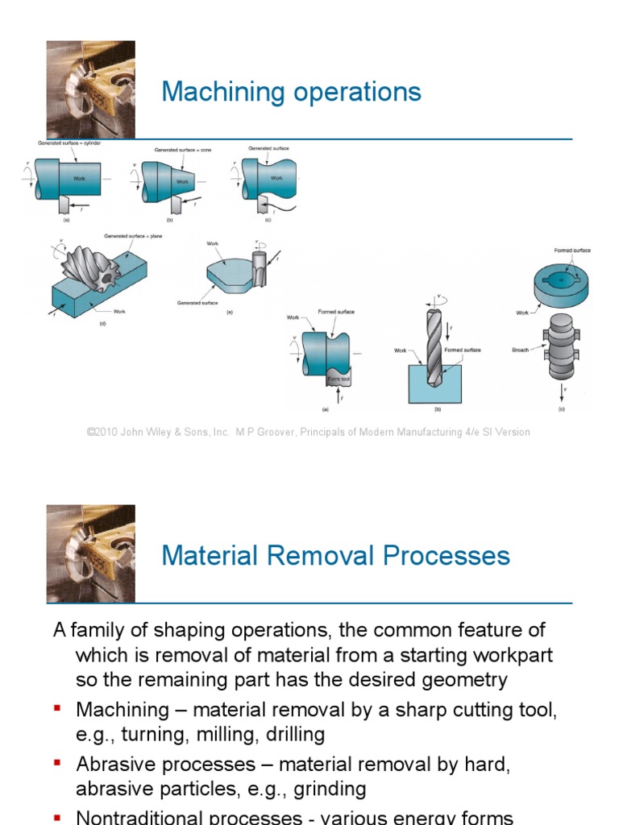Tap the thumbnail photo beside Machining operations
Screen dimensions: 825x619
pos(90,89)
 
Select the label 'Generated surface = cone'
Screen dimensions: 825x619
pos(182,150)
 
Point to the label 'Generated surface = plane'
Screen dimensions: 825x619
pos(132,236)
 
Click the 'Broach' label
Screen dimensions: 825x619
pos(520,350)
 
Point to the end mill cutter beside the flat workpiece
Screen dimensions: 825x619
pos(260,268)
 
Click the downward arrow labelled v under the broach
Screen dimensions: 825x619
pos(562,392)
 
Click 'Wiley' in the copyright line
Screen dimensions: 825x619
pos(161,432)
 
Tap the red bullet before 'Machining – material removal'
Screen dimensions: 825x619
pos(57,708)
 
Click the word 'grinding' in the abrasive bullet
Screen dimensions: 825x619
pos(329,788)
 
